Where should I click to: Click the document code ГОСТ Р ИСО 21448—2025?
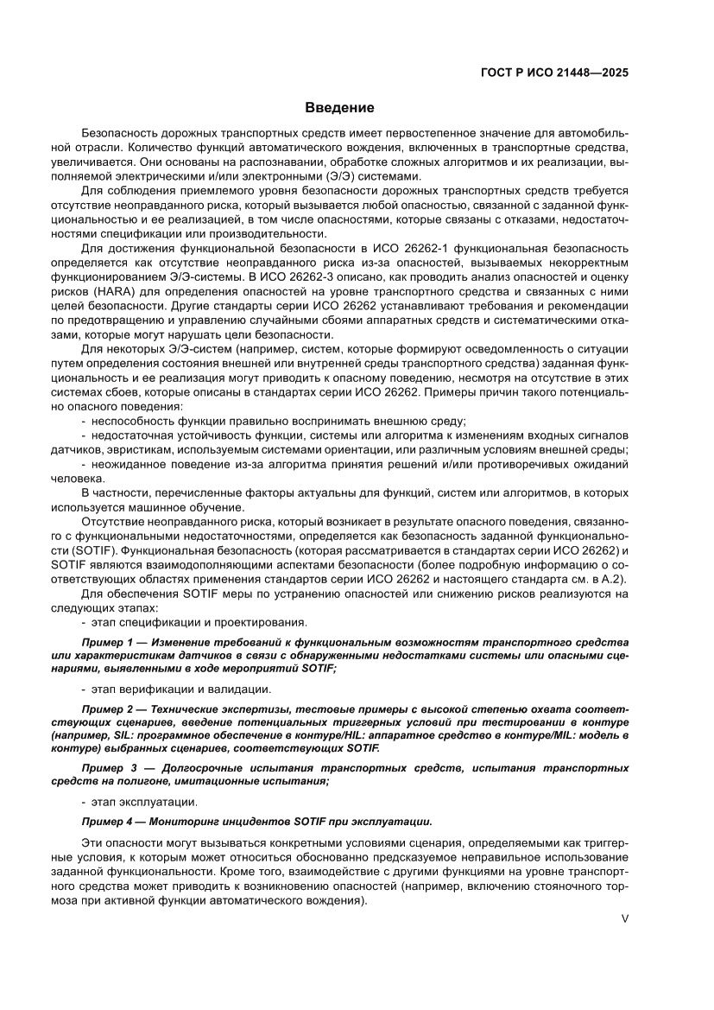pos(553,73)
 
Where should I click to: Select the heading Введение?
pos(339,108)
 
